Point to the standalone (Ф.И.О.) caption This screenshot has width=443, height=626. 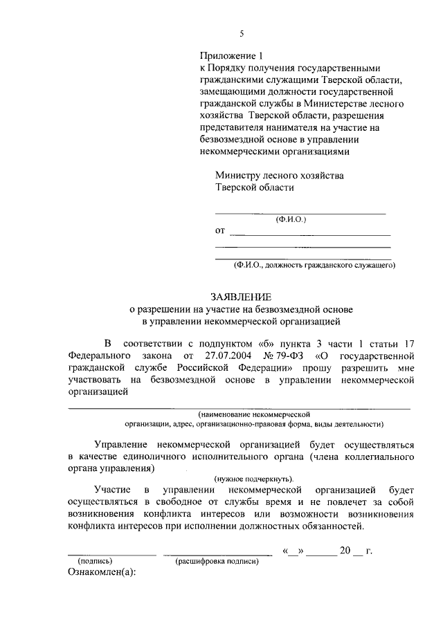[x=291, y=219]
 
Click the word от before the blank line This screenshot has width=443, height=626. [x=220, y=230]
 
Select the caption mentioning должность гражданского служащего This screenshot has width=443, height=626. [x=314, y=264]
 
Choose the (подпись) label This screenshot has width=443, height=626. [x=96, y=561]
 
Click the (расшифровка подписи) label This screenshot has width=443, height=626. [x=217, y=561]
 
